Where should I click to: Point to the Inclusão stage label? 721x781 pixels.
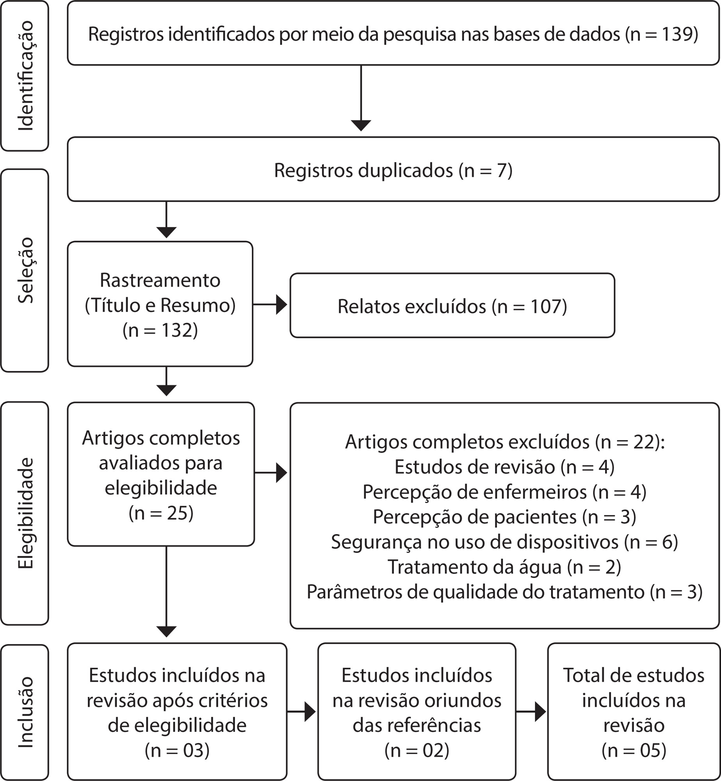pyautogui.click(x=26, y=712)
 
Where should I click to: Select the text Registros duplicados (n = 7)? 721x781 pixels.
pyautogui.click(x=393, y=170)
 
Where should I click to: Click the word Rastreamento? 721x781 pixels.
pyautogui.click(x=160, y=280)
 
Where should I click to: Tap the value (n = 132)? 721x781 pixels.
pyautogui.click(x=160, y=330)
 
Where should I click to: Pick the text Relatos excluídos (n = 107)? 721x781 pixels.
pyautogui.click(x=452, y=306)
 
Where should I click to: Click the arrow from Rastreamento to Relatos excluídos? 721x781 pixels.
pyautogui.click(x=270, y=304)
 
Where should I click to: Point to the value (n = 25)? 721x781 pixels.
pyautogui.click(x=161, y=513)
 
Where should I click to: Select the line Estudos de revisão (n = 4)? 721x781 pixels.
pyautogui.click(x=504, y=467)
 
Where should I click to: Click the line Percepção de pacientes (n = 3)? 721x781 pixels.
pyautogui.click(x=504, y=517)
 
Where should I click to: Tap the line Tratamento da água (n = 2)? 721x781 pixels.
pyautogui.click(x=504, y=567)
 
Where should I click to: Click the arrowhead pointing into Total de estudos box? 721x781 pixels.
pyautogui.click(x=541, y=711)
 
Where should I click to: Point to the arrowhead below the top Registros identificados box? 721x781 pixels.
pyautogui.click(x=361, y=126)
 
